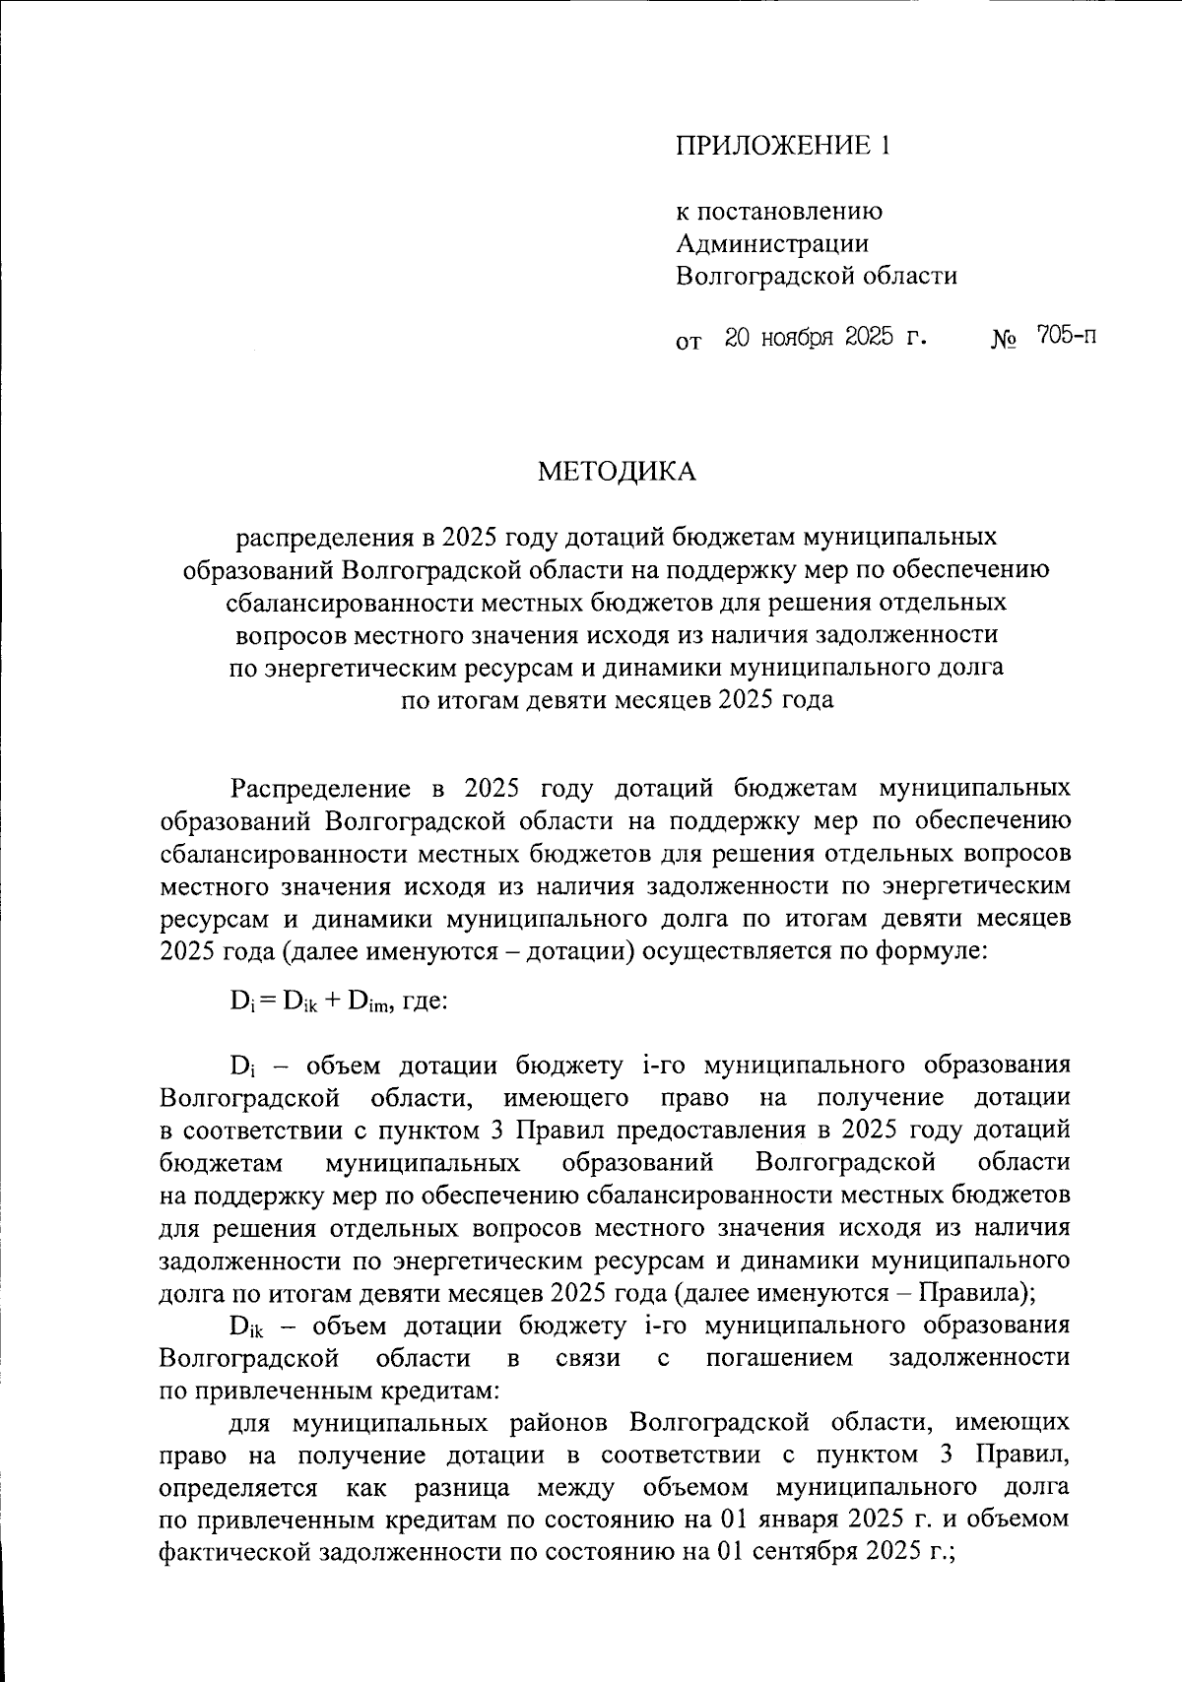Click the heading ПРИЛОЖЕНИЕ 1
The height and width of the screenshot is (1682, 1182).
pos(782,147)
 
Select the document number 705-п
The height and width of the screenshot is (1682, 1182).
pos(1066,337)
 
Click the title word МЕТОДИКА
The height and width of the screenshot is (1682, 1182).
pos(617,472)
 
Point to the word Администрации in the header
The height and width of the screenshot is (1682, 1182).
pos(772,243)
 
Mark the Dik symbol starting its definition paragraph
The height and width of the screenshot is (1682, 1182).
pos(246,1326)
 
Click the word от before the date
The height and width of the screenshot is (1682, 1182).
pos(689,342)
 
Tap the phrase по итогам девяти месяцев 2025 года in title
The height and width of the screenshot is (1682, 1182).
pos(617,700)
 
